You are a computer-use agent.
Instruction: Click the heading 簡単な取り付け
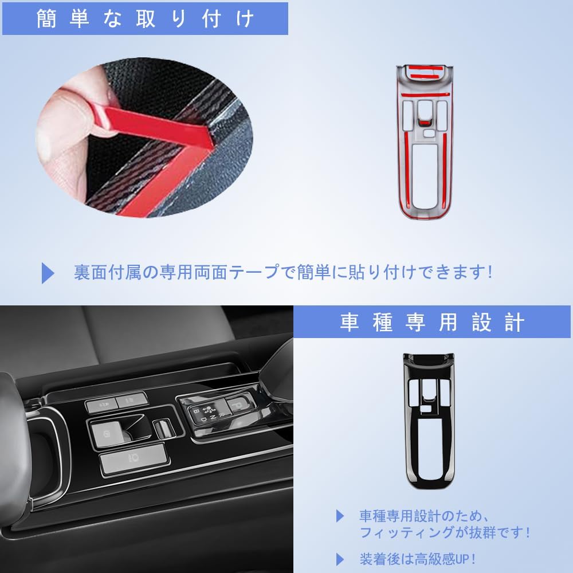[144, 19]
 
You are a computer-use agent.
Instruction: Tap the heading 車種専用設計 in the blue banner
[431, 322]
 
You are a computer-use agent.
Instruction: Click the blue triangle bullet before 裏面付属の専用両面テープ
[48, 273]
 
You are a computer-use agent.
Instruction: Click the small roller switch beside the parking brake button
[161, 427]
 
